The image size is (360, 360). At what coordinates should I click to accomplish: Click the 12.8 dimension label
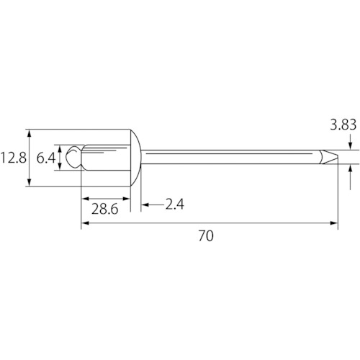(13, 158)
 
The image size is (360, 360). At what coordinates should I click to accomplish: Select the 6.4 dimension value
(46, 158)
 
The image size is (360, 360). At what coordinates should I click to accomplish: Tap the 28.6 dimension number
(105, 209)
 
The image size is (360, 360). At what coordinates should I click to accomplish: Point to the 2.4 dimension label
(175, 204)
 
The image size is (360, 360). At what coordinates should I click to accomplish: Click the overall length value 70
(206, 235)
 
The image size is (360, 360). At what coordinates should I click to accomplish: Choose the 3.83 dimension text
(343, 125)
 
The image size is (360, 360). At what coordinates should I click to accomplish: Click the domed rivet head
(135, 158)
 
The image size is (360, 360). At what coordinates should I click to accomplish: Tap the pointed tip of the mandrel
(337, 158)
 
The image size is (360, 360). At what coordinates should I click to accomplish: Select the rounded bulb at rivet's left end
(74, 157)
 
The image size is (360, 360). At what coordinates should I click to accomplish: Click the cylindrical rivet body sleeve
(106, 158)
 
